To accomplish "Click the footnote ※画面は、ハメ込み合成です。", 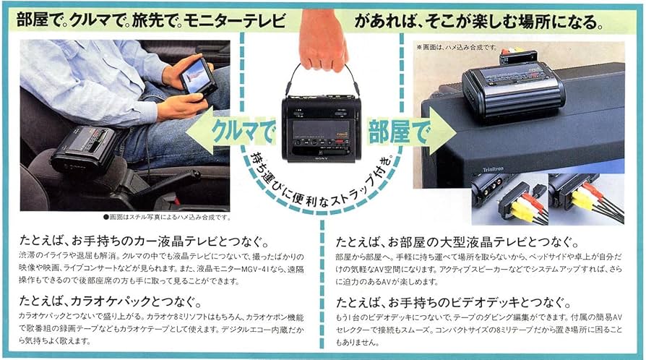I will click(456, 47).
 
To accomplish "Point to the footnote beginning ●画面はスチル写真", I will click(166, 216).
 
